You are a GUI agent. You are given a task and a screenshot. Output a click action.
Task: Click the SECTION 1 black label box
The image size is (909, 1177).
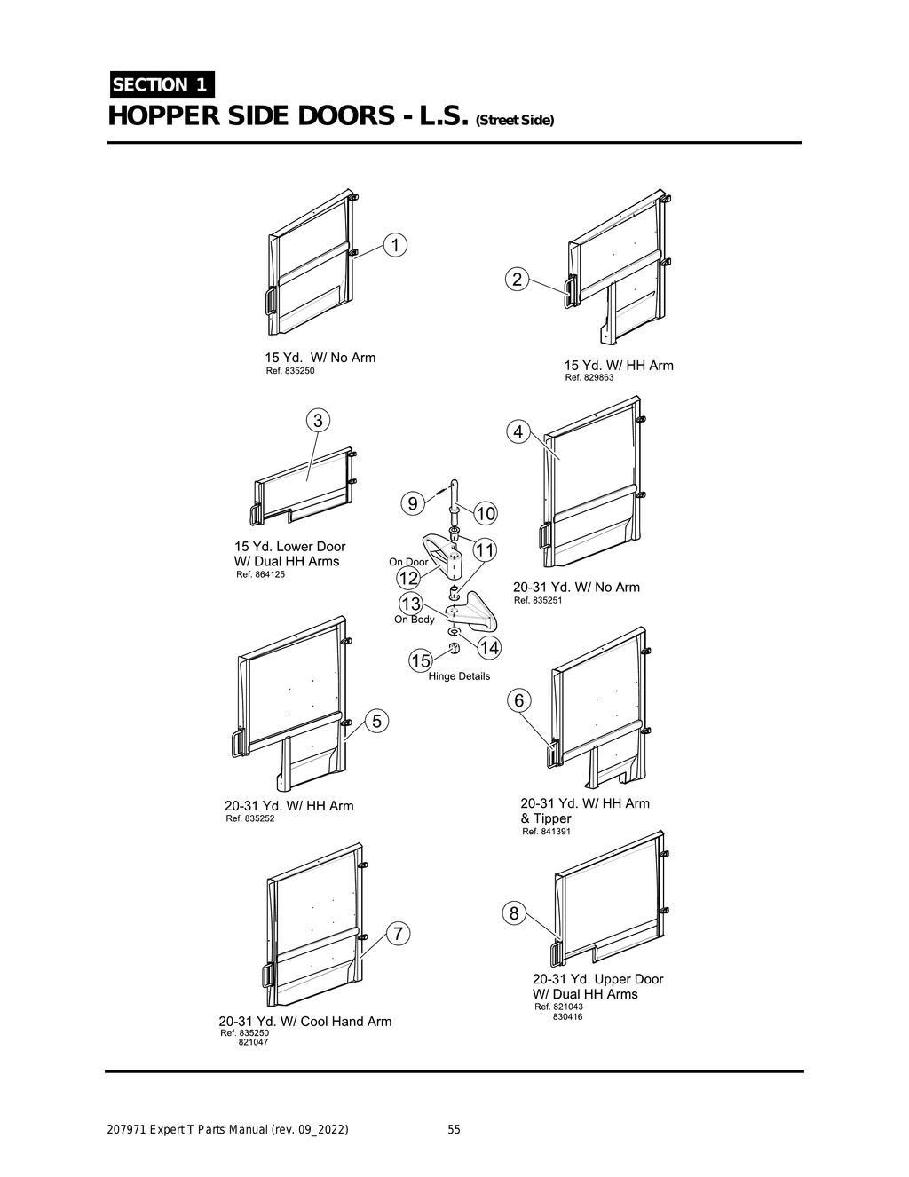(x=161, y=84)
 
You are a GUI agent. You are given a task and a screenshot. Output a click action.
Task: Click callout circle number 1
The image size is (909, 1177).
(x=395, y=245)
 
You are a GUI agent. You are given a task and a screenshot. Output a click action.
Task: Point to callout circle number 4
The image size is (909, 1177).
(x=518, y=432)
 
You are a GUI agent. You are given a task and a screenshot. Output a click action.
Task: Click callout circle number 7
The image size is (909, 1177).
(x=399, y=934)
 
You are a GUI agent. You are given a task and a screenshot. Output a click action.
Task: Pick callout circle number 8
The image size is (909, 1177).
(x=513, y=912)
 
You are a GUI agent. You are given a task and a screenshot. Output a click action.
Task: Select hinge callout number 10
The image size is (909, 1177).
(x=486, y=513)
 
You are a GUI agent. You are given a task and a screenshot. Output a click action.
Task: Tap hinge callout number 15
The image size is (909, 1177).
(x=420, y=660)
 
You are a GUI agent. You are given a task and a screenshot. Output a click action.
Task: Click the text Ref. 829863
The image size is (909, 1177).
(x=589, y=377)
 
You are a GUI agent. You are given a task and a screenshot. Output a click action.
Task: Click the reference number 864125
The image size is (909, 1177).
(x=267, y=574)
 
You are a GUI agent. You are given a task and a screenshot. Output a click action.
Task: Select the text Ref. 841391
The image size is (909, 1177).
(x=546, y=832)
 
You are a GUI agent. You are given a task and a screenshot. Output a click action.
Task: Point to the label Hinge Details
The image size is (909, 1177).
(x=459, y=676)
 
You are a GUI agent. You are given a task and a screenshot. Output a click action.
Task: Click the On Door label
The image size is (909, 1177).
(x=408, y=562)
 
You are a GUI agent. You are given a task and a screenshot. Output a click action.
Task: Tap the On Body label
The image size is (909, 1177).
(x=415, y=620)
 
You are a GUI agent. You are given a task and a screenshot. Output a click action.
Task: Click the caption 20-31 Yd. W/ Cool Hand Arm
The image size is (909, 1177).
(x=305, y=1022)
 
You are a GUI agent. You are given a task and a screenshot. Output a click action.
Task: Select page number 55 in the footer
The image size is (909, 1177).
(x=454, y=1130)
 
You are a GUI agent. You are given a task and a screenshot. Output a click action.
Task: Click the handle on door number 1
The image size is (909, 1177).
(x=268, y=301)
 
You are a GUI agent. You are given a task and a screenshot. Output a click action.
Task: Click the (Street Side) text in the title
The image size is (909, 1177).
(x=516, y=121)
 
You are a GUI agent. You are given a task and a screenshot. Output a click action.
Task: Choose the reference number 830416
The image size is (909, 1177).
(x=568, y=1016)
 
